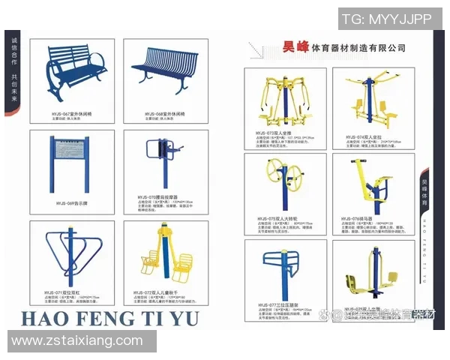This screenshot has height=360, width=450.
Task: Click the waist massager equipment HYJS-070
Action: point(160,160)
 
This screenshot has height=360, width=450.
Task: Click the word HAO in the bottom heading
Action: point(46,318)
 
